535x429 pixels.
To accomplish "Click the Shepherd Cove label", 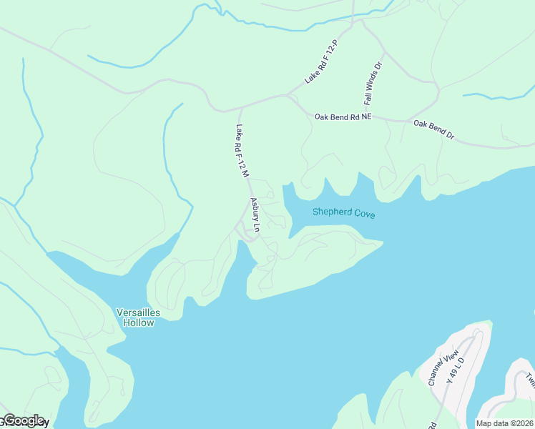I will pos(343,213).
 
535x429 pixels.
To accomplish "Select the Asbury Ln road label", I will pos(254,213).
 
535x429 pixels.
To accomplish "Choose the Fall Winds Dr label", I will pos(369,84).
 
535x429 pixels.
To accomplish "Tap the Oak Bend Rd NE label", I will pos(343,117).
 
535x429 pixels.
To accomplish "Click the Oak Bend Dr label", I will pos(433,128).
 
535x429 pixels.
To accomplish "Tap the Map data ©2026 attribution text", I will pos(505,423).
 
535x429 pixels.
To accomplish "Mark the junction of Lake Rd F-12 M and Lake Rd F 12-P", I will pos(240,109).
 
